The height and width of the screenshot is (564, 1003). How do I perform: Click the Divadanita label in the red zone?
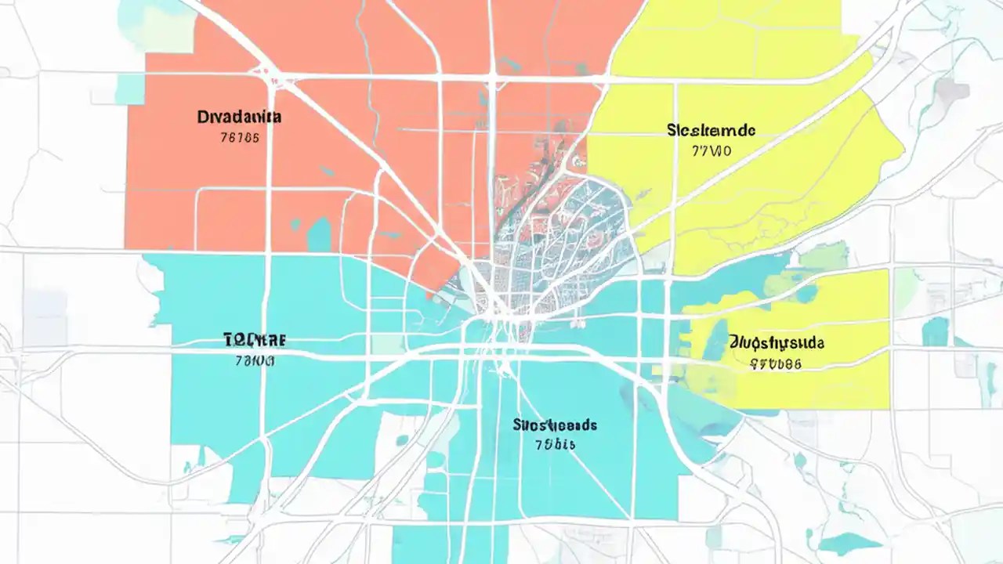[240, 117]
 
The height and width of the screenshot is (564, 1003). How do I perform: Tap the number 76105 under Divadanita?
[240, 138]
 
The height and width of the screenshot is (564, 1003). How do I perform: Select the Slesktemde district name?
[711, 129]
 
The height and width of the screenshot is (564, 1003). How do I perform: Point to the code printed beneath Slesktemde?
[712, 150]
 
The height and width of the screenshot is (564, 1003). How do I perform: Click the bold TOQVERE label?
[255, 340]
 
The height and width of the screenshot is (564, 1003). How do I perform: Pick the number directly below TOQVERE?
[255, 361]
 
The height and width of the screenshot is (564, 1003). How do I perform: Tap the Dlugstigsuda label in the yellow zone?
[776, 342]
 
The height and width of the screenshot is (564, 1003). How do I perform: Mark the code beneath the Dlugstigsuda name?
[776, 363]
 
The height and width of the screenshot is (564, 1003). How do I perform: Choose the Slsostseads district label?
[555, 425]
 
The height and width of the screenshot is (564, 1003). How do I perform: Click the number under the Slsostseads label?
[555, 445]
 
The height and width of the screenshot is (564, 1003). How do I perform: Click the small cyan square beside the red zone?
[129, 89]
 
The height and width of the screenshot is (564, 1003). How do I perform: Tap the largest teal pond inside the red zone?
[319, 233]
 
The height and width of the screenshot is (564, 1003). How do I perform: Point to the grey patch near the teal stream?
[952, 90]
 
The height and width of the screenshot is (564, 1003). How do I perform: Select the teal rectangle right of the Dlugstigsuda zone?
[934, 331]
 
